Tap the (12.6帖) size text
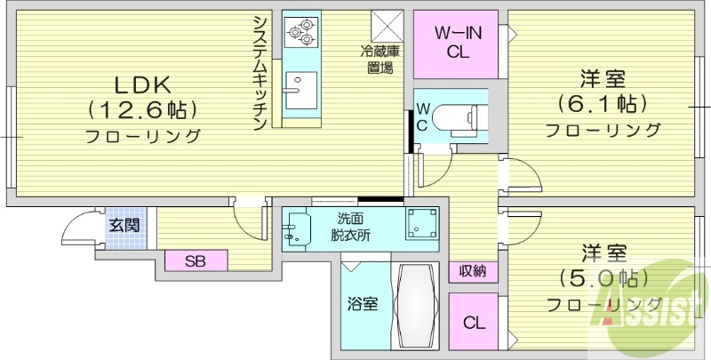142,110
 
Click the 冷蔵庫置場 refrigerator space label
379,60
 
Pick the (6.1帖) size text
602,103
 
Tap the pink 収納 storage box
472,271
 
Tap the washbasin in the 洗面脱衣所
296,229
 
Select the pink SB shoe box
196,260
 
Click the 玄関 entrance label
124,225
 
